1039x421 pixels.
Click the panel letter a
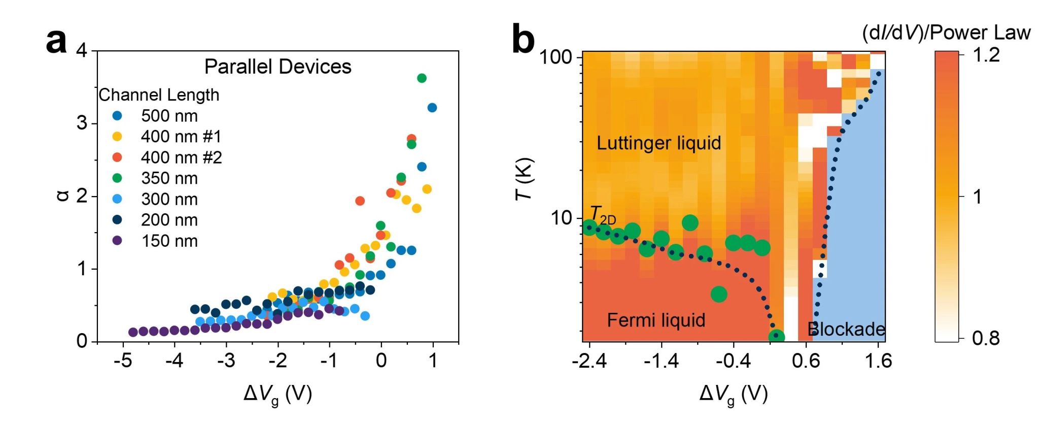coord(56,41)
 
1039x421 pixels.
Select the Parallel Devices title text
coord(278,67)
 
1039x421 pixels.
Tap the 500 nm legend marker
coord(117,116)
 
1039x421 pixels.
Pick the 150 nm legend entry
coord(169,241)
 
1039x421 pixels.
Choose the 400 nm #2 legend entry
coord(181,157)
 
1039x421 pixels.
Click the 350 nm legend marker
coord(117,178)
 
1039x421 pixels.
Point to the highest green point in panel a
coord(422,78)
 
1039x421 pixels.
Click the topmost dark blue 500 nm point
coord(432,108)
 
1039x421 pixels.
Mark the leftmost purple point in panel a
coord(133,332)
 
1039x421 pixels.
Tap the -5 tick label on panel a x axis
coord(123,361)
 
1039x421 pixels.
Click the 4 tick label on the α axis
coord(81,51)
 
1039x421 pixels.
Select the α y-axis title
coord(62,196)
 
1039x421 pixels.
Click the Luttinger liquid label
coord(659,143)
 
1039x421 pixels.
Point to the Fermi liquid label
coord(656,320)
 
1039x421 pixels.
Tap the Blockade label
coord(846,329)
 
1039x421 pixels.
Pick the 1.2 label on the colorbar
coord(986,54)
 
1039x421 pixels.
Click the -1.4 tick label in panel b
coord(661,361)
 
